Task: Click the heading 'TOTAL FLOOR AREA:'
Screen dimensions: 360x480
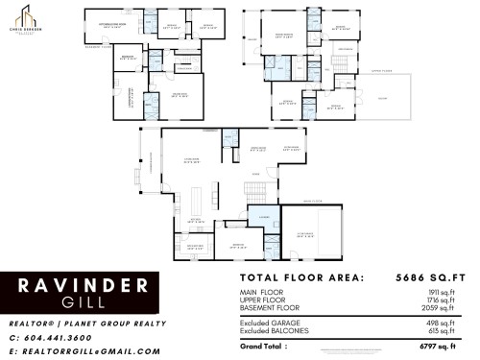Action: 302,278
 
